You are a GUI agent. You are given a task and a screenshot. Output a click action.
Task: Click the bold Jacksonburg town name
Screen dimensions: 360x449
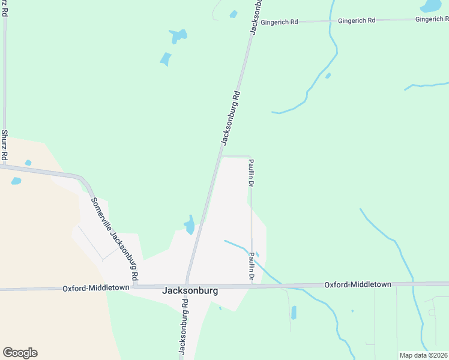click(x=190, y=290)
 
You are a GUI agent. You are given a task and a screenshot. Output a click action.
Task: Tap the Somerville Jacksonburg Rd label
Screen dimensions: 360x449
click(x=115, y=239)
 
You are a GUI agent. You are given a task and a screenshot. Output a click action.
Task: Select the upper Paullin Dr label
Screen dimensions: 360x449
click(x=252, y=173)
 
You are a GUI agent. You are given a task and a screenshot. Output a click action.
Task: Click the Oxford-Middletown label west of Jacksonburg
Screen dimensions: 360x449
click(x=96, y=289)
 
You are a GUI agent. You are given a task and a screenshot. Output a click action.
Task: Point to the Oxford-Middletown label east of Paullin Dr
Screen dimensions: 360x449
click(x=358, y=284)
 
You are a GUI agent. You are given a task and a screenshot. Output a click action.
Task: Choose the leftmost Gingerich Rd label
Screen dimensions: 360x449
click(x=279, y=22)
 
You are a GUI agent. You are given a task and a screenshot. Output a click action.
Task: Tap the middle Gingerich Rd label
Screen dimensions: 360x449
click(x=357, y=20)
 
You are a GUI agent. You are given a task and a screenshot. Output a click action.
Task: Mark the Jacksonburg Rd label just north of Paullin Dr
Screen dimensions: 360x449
click(x=231, y=118)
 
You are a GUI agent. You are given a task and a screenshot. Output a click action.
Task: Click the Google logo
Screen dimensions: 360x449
click(x=20, y=353)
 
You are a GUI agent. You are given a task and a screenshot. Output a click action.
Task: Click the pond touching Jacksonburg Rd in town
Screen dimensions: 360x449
click(x=190, y=225)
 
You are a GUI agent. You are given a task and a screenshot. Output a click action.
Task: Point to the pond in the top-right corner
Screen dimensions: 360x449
click(x=431, y=6)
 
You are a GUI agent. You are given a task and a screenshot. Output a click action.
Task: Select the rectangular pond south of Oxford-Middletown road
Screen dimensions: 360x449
click(x=294, y=313)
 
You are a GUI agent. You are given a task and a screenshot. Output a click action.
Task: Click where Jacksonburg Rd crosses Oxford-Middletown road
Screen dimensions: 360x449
click(x=187, y=286)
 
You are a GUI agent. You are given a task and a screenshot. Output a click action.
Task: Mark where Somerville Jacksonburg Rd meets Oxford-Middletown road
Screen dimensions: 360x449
click(x=134, y=286)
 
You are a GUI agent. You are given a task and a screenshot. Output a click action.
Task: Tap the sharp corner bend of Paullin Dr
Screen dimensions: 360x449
click(x=250, y=157)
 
